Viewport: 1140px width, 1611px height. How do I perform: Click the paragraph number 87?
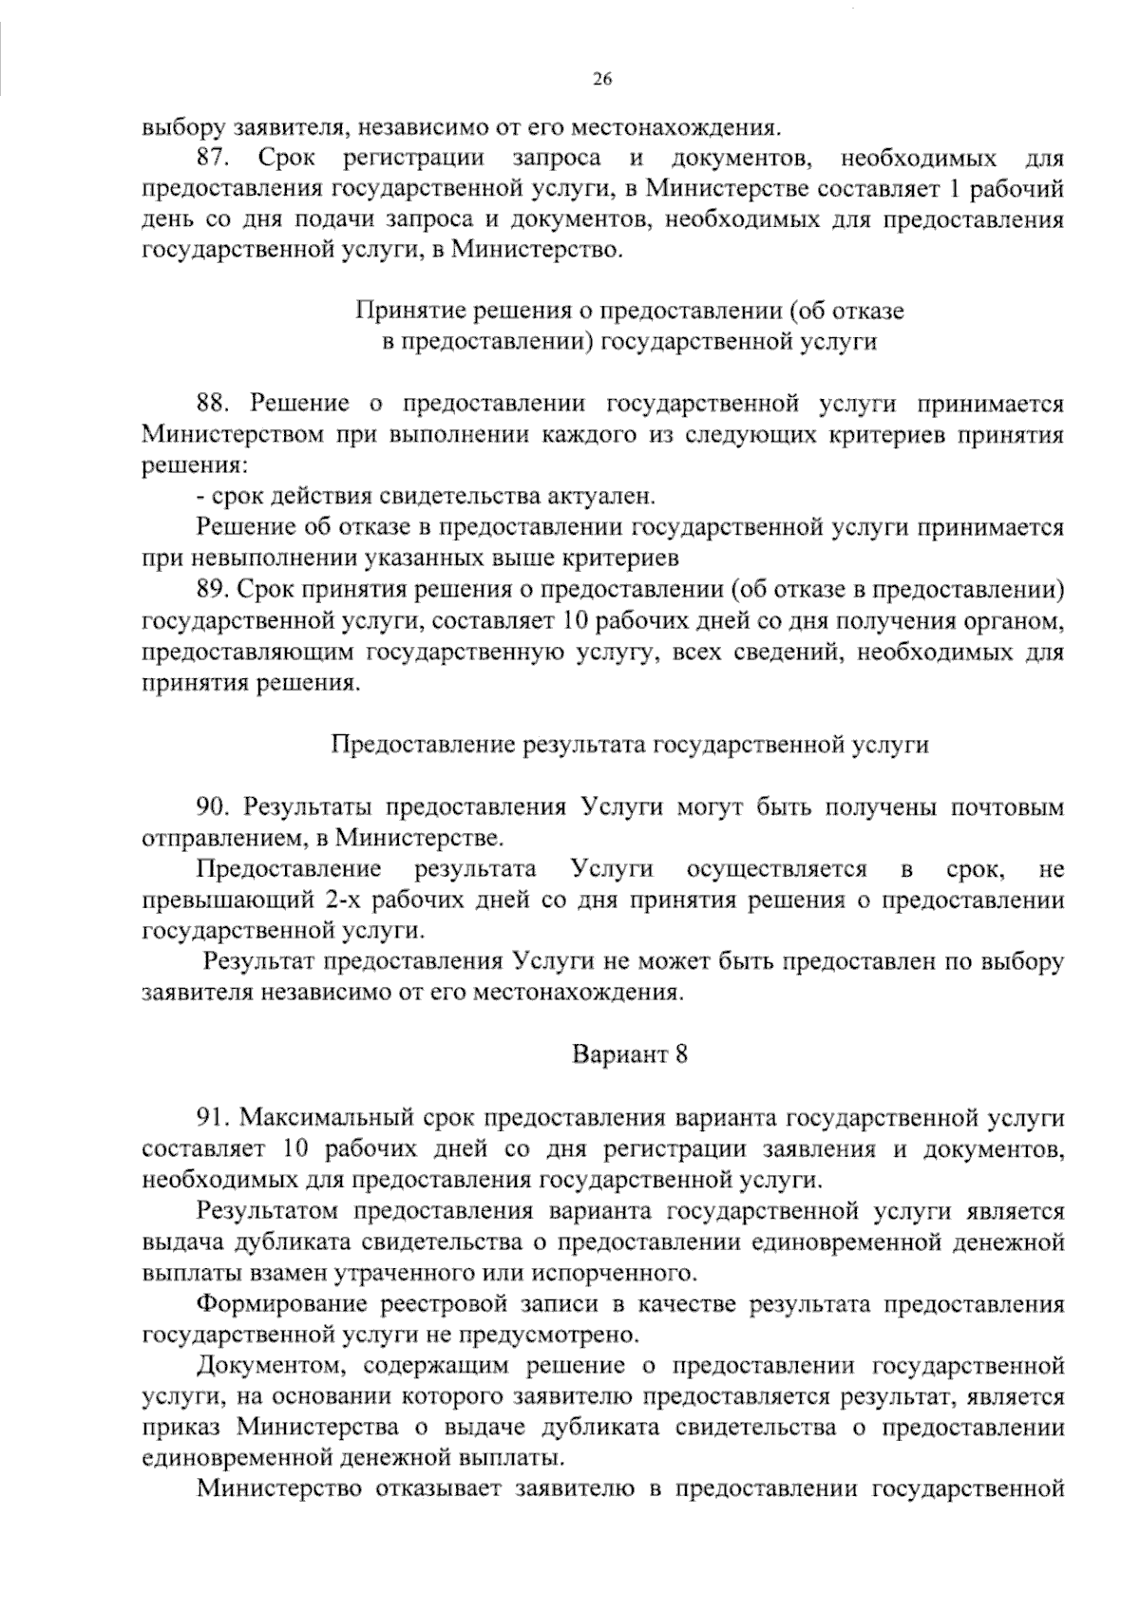pos(215,157)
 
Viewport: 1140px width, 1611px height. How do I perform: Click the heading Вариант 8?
pos(629,1054)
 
